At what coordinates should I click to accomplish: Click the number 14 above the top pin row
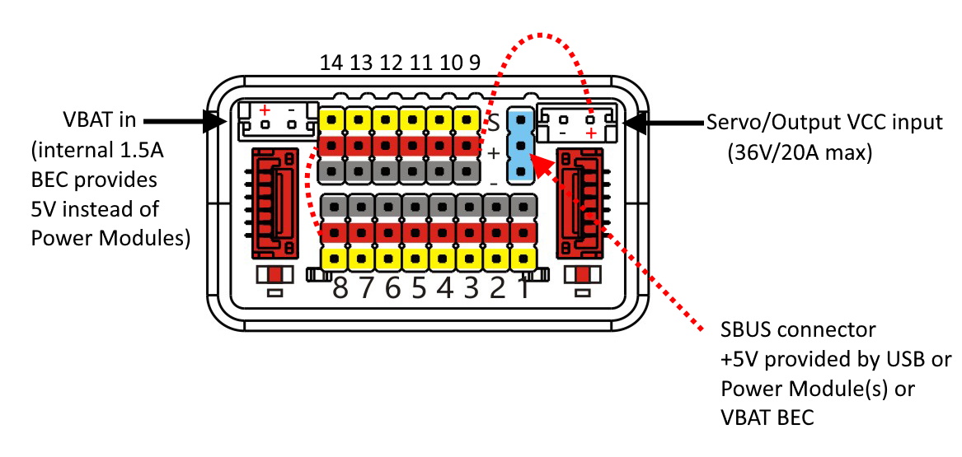[x=331, y=63]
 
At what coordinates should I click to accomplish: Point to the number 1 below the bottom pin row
[x=522, y=289]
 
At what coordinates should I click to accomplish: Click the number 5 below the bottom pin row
[x=419, y=289]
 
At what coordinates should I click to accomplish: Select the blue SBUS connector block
[x=520, y=144]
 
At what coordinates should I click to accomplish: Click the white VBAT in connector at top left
[x=276, y=121]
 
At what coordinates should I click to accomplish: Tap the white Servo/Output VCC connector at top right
[x=576, y=121]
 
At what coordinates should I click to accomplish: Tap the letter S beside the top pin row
[x=493, y=125]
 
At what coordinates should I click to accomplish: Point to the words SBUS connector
[x=797, y=330]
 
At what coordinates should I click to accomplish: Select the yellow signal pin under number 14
[x=331, y=120]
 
